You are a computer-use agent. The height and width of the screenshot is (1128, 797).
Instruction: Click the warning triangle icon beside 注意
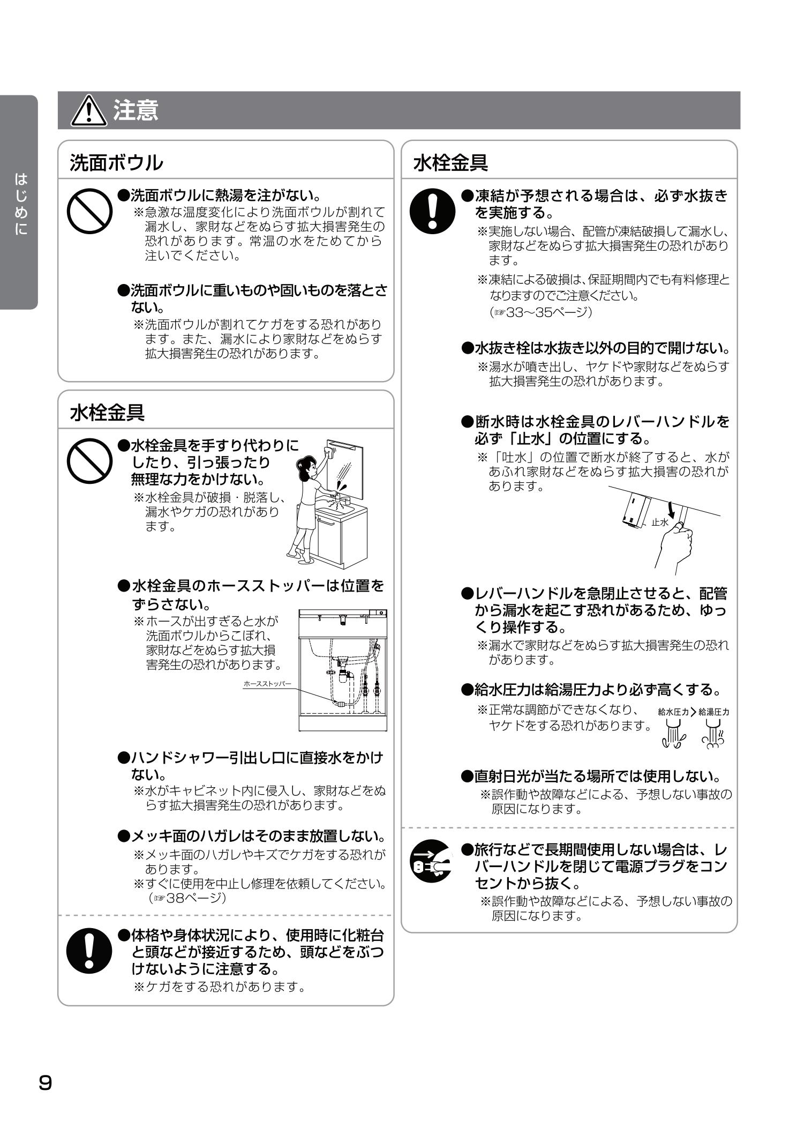[89, 111]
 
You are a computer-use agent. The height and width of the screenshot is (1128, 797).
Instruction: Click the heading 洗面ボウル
[116, 162]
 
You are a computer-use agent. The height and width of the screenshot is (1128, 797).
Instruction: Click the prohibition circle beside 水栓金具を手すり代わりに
[89, 461]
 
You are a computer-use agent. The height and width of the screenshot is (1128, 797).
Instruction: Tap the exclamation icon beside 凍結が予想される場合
[432, 211]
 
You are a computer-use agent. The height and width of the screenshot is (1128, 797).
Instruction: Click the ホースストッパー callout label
[267, 684]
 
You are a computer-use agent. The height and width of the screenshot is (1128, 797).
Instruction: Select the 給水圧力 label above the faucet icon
[673, 712]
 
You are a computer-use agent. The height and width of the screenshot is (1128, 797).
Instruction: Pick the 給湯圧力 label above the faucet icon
[714, 712]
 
